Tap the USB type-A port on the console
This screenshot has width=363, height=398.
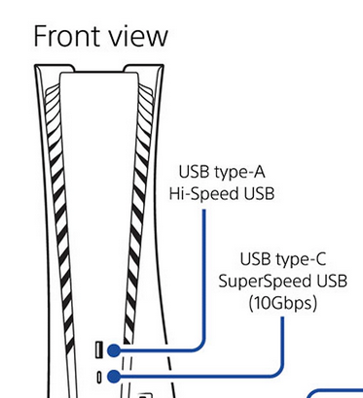click(x=99, y=349)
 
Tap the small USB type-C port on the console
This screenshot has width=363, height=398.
click(x=99, y=378)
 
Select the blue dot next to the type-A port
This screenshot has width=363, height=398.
click(x=114, y=350)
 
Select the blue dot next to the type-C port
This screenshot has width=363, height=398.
click(x=114, y=377)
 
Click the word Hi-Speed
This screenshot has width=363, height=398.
click(x=204, y=194)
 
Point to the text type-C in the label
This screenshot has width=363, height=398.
click(x=301, y=259)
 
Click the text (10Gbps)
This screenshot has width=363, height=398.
click(x=283, y=303)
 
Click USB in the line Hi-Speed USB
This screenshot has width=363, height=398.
click(x=259, y=194)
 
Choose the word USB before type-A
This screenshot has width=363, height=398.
click(x=194, y=172)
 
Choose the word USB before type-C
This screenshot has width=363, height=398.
click(x=255, y=259)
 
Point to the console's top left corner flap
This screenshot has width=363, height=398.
click(x=54, y=68)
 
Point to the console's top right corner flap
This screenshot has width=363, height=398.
click(x=144, y=68)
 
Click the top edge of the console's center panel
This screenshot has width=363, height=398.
click(x=99, y=73)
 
